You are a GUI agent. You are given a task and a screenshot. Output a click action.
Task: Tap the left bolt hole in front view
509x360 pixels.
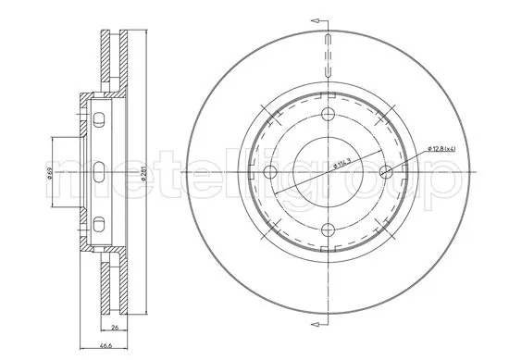pos(270,172)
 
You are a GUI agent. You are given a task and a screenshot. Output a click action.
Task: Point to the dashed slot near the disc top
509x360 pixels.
pos(329,56)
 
